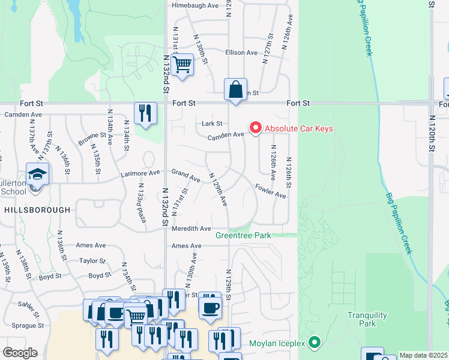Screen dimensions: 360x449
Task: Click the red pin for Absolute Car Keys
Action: click(255, 128)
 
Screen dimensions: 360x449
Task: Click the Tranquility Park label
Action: click(361, 319)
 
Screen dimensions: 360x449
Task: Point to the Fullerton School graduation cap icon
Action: click(37, 175)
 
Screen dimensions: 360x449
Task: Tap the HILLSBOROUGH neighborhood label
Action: click(37, 210)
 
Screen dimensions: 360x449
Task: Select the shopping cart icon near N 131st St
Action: click(182, 64)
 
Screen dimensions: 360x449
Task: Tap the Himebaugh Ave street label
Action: click(195, 5)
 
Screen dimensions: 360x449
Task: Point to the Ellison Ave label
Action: click(241, 53)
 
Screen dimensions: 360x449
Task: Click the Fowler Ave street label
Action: click(270, 190)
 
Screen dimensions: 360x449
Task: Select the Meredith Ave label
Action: click(191, 229)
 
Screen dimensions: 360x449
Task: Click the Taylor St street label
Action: click(92, 261)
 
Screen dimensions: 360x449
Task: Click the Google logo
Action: click(20, 353)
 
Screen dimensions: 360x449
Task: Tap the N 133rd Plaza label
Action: click(141, 207)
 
